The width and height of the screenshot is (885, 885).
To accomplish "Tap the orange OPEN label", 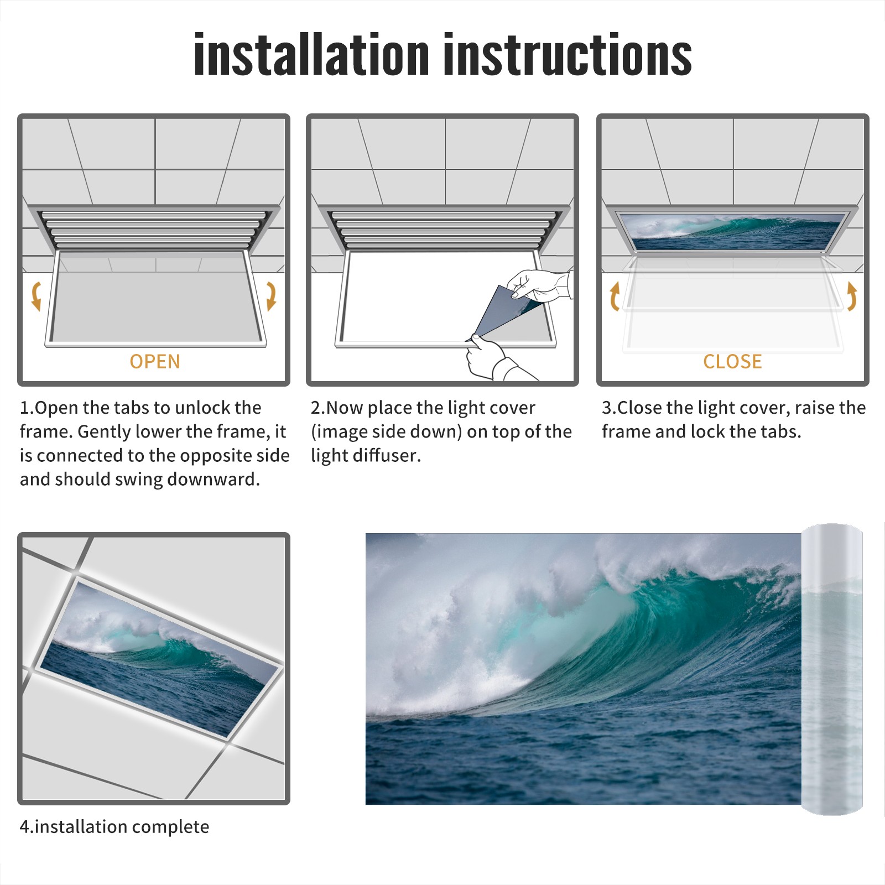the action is [x=155, y=362].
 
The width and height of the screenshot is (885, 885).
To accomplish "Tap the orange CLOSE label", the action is [x=732, y=362].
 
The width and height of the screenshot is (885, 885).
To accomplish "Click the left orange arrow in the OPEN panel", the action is [x=36, y=296].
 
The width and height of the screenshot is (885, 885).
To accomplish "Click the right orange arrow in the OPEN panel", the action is [x=271, y=296].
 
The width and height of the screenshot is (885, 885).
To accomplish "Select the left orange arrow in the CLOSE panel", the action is [x=615, y=296].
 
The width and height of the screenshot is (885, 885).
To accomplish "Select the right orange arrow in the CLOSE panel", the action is [x=852, y=296].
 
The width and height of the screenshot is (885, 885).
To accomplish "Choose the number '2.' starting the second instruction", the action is [x=318, y=408].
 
